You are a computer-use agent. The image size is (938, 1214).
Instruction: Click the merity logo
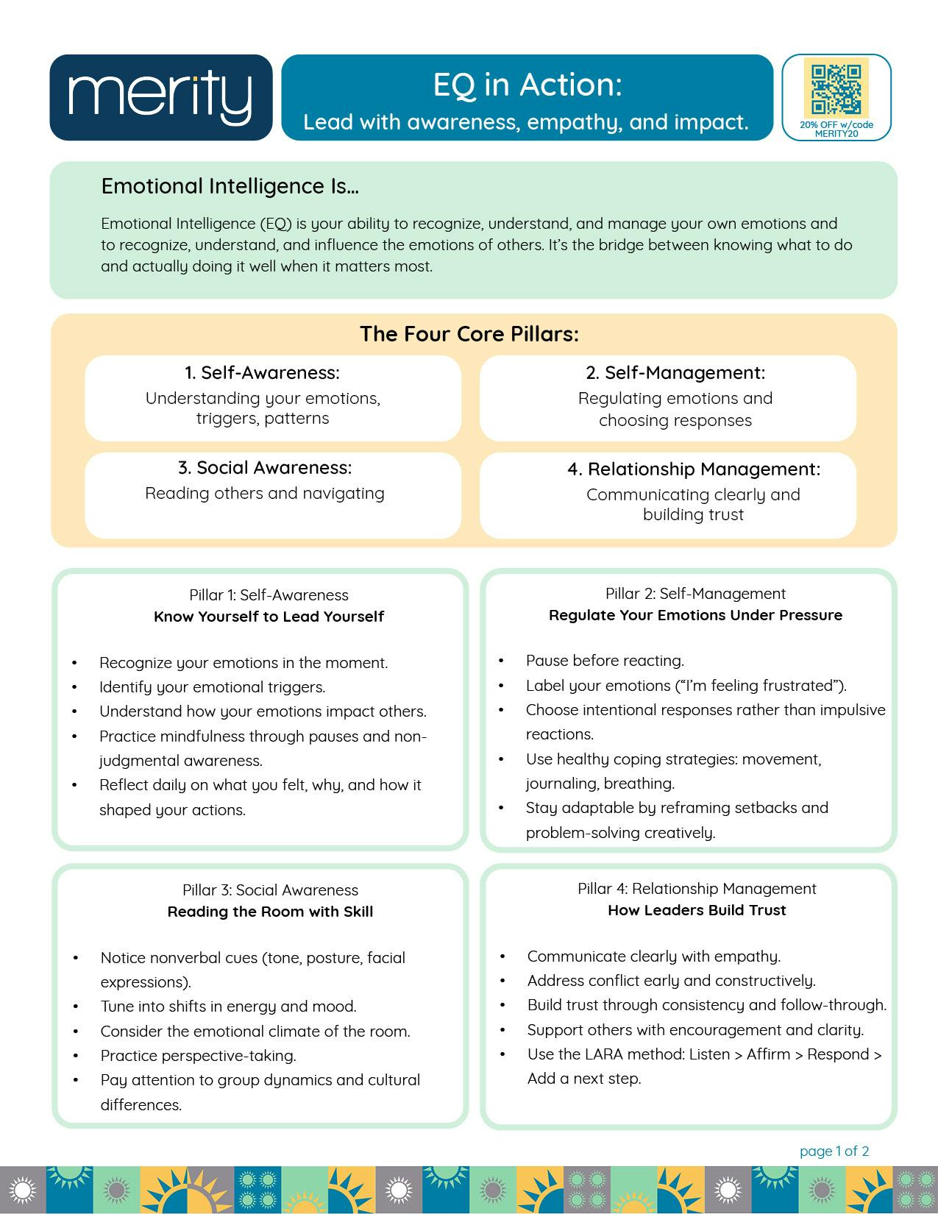click(x=160, y=97)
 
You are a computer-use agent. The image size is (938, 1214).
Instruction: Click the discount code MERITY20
click(x=836, y=134)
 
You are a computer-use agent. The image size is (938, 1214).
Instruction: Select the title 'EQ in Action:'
click(x=527, y=85)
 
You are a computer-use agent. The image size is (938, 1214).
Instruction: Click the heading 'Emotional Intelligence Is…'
click(x=230, y=186)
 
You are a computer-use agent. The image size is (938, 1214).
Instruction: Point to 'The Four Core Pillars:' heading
click(x=469, y=334)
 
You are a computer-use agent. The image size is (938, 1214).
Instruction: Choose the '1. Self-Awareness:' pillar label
click(x=262, y=373)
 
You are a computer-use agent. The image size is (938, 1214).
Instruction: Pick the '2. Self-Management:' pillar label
click(x=675, y=373)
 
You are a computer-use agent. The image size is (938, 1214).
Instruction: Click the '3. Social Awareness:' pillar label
click(x=265, y=468)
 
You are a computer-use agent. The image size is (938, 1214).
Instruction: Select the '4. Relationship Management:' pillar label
click(x=693, y=469)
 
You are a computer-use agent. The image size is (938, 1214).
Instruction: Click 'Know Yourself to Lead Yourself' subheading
click(x=269, y=617)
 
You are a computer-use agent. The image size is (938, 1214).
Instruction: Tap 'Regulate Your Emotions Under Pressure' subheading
click(x=695, y=615)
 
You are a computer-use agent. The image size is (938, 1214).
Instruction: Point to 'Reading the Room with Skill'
click(x=270, y=912)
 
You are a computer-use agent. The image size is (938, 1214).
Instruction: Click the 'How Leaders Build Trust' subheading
click(x=697, y=910)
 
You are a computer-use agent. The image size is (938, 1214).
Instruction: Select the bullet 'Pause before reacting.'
click(x=605, y=661)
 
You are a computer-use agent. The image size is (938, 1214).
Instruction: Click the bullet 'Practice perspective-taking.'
click(x=198, y=1056)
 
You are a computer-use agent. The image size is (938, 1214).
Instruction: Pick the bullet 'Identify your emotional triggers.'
click(x=212, y=687)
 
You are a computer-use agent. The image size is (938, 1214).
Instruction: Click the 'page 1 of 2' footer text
click(x=834, y=1151)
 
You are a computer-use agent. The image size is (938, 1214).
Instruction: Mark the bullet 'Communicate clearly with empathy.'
click(x=653, y=956)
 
